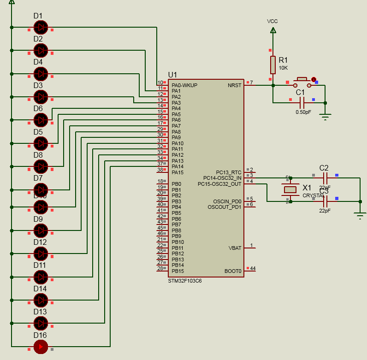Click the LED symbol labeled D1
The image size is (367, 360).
pos(41,27)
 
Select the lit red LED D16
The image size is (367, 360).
pos(41,347)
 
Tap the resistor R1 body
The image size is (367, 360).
pos(273,65)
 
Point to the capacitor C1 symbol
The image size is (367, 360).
pos(302,102)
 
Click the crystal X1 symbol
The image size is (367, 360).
pos(290,189)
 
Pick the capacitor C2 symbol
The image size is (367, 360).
pos(325,177)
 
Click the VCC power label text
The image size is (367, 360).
pos(272,22)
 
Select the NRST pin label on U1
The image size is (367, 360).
pos(234,85)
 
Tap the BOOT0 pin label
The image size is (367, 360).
pos(233,271)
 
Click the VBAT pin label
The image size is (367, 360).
pos(235,248)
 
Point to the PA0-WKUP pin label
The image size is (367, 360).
pos(184,85)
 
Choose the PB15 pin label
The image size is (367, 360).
pos(178,271)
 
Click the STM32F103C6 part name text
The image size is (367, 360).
pos(185,280)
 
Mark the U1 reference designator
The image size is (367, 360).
pos(172,75)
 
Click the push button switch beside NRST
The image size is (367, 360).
pos(302,83)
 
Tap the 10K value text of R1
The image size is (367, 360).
pos(283,68)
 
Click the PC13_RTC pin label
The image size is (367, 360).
pos(229,172)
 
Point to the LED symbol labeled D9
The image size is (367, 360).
pos(41,230)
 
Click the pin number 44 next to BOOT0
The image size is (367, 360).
pos(253,268)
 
